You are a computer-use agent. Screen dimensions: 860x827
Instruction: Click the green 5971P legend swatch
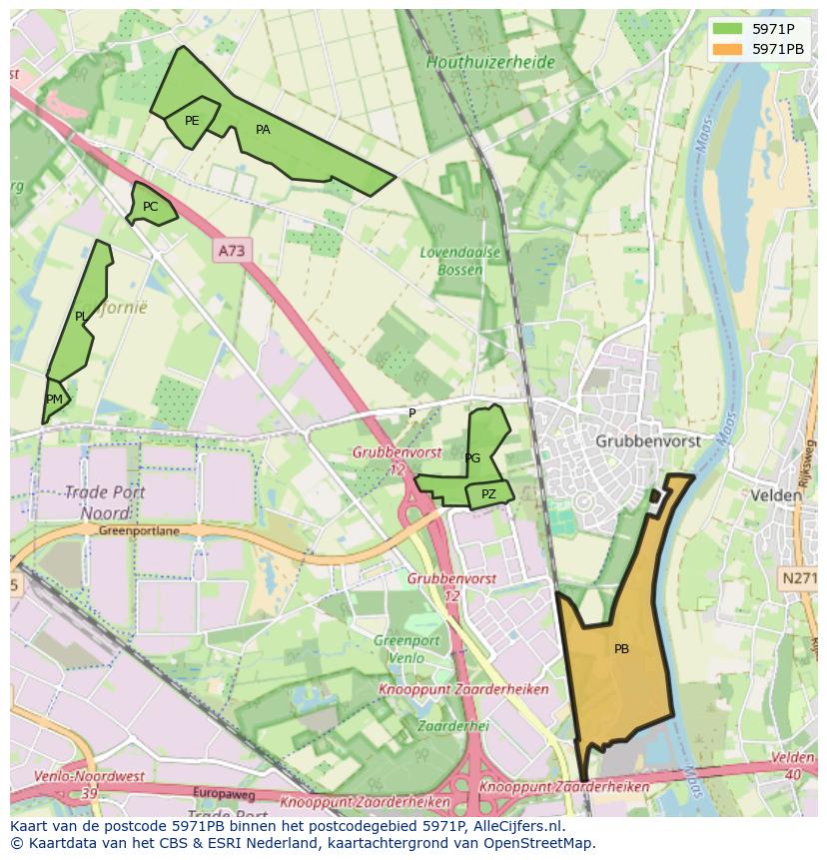(x=727, y=29)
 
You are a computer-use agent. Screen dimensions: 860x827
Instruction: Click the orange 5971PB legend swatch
(x=727, y=48)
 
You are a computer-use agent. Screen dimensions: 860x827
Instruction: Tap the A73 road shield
(x=230, y=251)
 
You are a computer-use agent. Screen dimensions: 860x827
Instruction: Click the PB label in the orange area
(x=621, y=649)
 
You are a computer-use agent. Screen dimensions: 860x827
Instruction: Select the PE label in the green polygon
(x=192, y=121)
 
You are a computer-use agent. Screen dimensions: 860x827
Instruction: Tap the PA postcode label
(x=263, y=130)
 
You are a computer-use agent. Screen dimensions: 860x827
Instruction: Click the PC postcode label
(x=150, y=207)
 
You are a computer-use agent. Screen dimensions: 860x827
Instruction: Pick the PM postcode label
(x=54, y=400)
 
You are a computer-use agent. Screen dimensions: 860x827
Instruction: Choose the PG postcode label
(x=472, y=458)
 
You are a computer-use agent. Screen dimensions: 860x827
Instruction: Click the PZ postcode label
(x=488, y=494)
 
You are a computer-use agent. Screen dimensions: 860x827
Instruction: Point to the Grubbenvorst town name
(x=647, y=440)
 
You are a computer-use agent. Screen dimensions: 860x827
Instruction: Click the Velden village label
(x=776, y=495)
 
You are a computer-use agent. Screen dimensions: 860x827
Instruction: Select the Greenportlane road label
(x=139, y=531)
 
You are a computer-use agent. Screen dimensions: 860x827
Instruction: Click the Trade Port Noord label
(x=105, y=502)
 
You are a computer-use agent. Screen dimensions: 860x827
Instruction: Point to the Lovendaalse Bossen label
(x=459, y=261)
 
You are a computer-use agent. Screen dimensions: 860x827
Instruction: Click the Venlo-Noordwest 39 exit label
(x=88, y=784)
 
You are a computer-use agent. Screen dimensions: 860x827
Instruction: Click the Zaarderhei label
(x=452, y=726)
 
